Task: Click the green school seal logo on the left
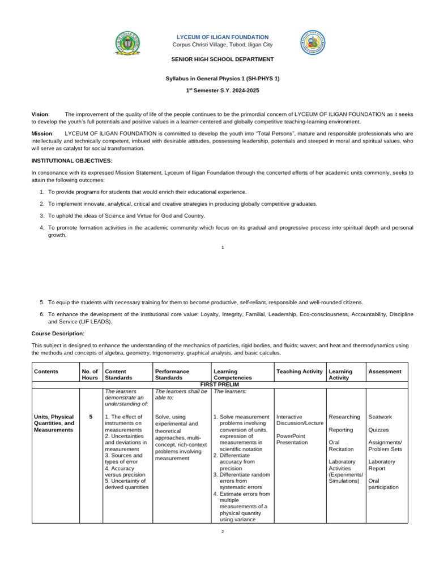point(128,44)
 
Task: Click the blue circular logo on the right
point(313,43)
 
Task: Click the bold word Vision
point(40,114)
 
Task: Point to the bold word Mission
point(42,133)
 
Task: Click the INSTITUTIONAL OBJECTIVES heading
point(72,161)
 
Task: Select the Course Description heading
point(58,334)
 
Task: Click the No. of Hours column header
point(90,374)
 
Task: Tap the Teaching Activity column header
point(299,371)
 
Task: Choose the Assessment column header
point(385,371)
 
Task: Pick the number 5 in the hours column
point(91,417)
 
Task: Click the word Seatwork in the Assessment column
point(380,417)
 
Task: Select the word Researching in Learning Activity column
point(344,417)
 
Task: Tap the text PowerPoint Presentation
point(292,439)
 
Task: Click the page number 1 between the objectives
point(223,247)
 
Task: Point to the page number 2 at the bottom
point(223,532)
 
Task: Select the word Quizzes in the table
point(378,430)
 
